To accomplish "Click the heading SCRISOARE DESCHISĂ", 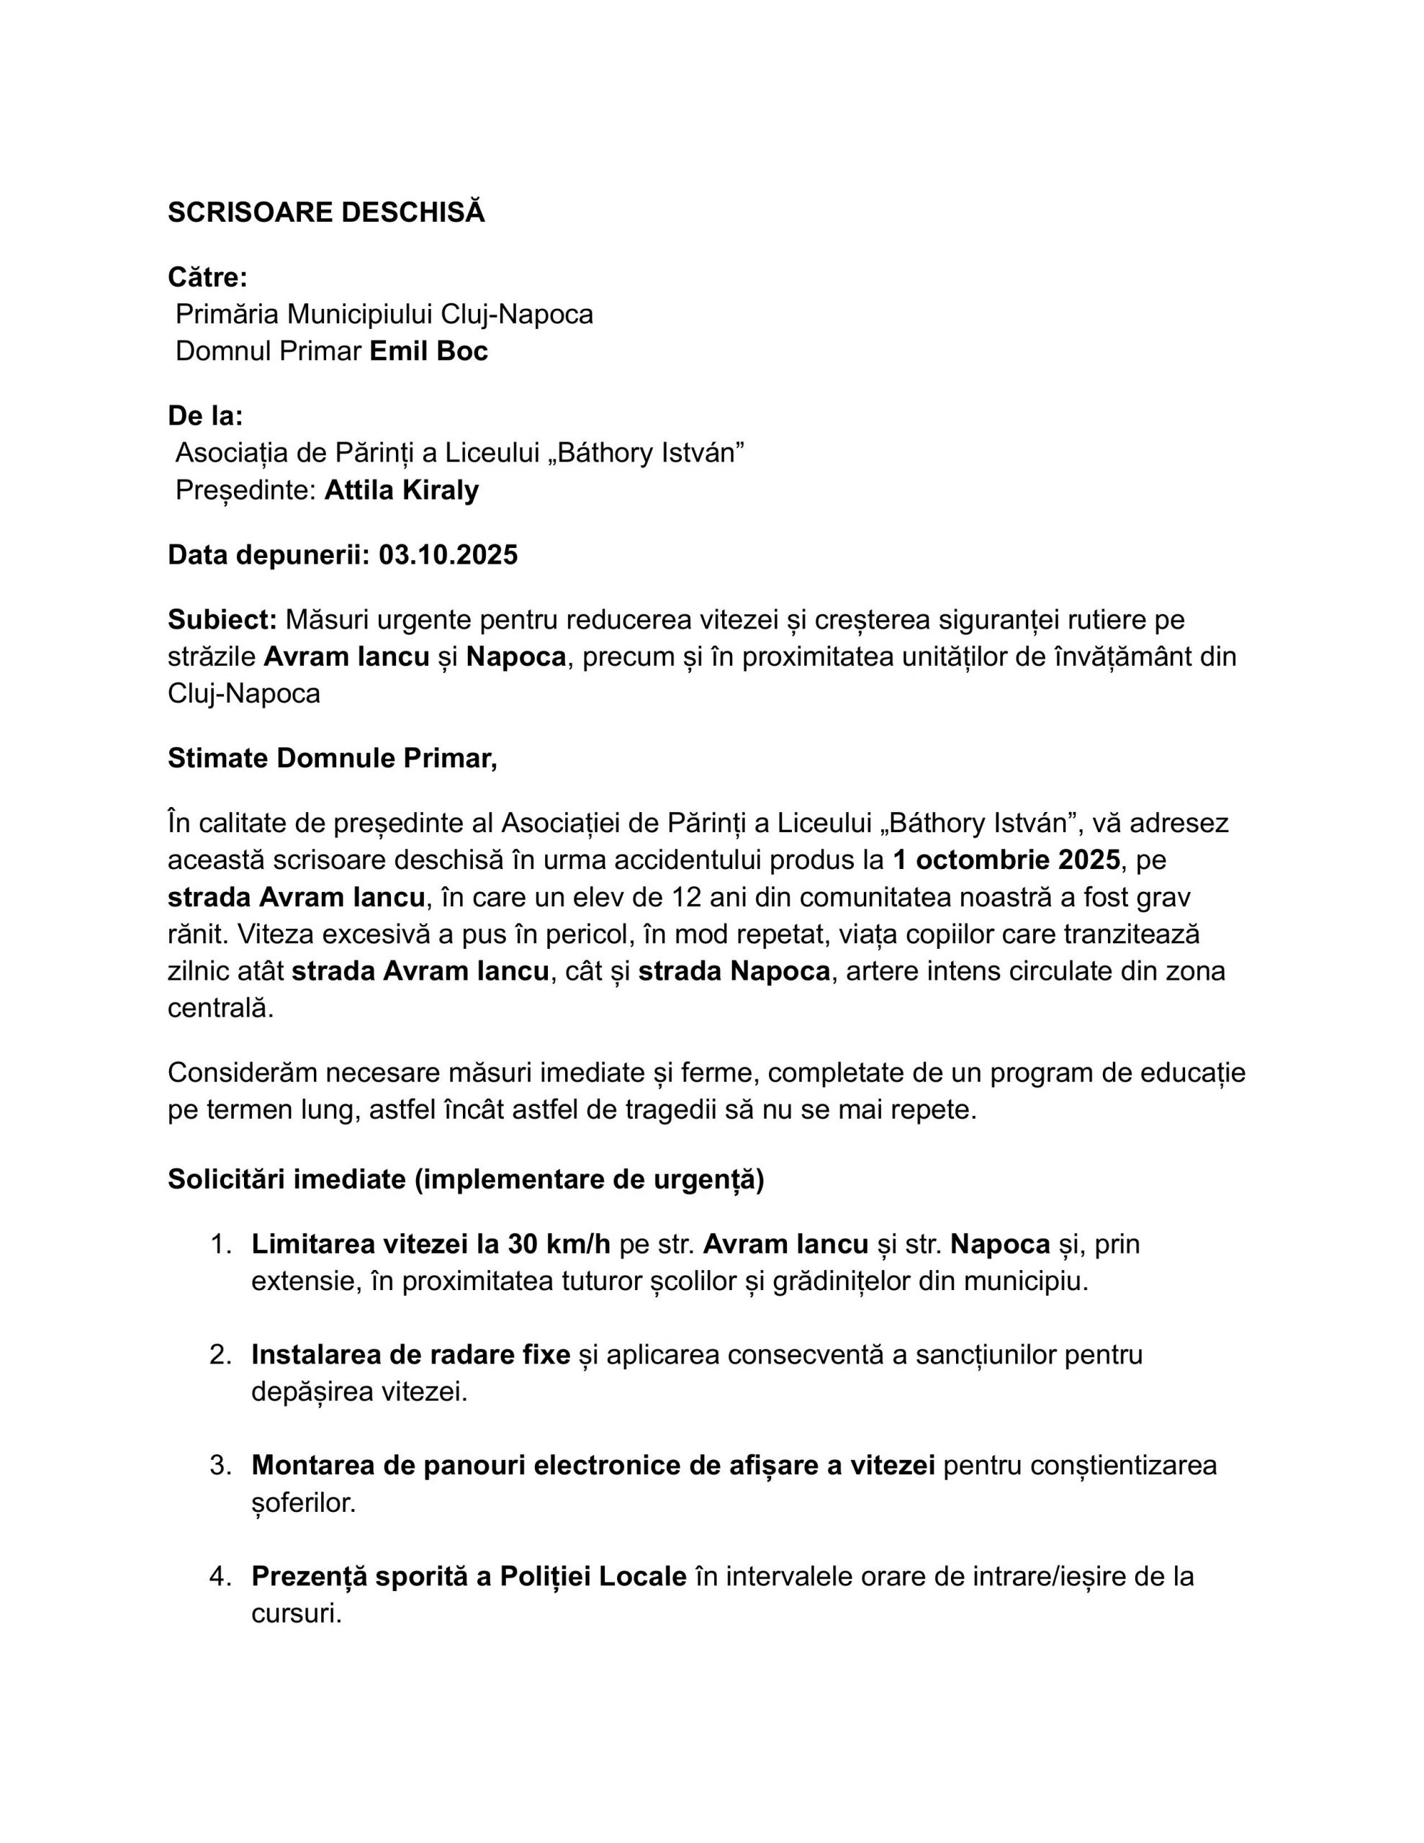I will coord(326,212).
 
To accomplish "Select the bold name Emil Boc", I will coord(429,351).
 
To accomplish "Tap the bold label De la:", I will coord(205,416).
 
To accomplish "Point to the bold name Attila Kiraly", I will coord(401,490).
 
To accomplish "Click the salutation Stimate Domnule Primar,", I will coord(333,759).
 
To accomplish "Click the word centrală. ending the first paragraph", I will coord(221,1009).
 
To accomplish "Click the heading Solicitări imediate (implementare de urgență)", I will coord(466,1180).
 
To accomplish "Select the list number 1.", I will coord(220,1245).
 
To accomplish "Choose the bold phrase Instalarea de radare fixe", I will coord(411,1355).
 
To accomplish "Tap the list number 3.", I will coord(220,1466).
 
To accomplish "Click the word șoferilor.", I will coord(303,1503).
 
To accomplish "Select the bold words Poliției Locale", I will coord(592,1577).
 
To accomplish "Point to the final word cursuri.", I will coord(297,1613).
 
